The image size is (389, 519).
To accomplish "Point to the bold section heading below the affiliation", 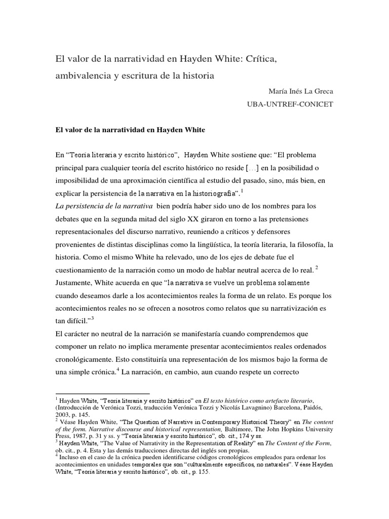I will [130, 129].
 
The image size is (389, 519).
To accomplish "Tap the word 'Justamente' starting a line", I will [75, 282].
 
